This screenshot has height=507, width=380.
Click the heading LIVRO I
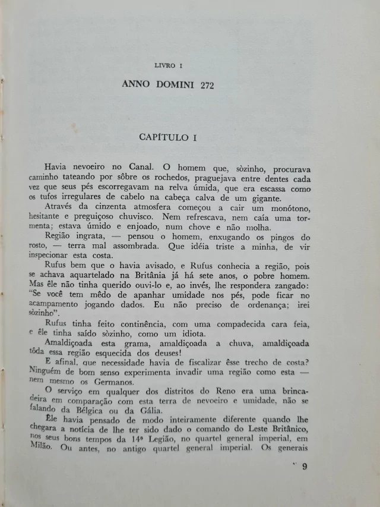click(168, 65)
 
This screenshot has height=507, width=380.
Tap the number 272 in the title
click(204, 85)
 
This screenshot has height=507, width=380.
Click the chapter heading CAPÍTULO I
click(167, 137)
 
